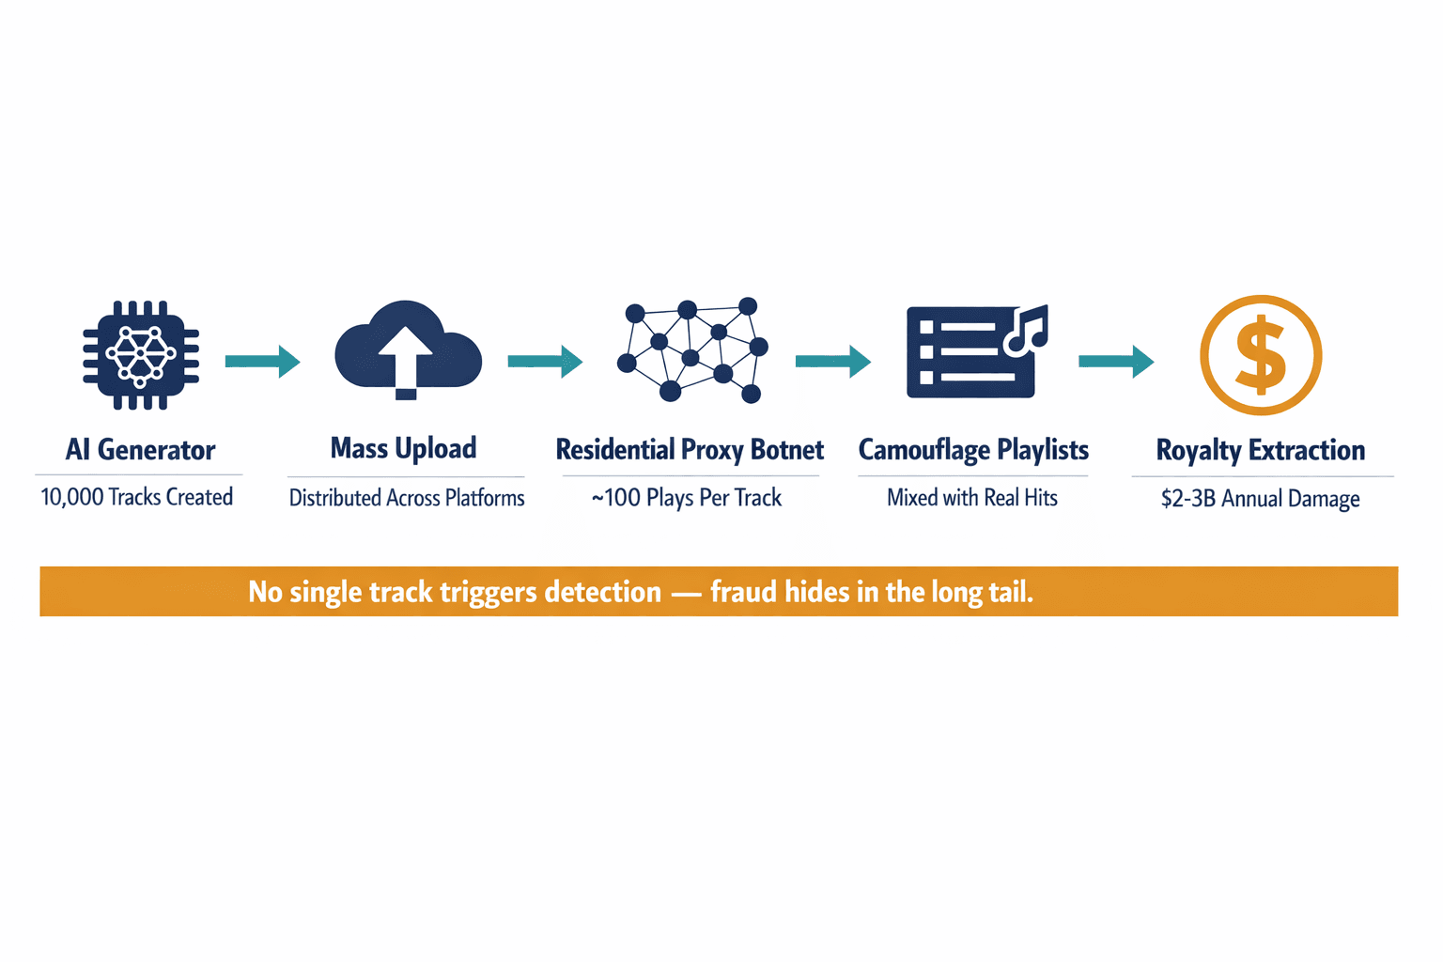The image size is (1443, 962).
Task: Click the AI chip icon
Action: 141,355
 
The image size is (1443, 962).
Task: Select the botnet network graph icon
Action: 692,350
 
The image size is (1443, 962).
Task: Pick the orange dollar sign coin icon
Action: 1261,355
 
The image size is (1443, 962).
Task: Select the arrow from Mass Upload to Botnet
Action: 545,361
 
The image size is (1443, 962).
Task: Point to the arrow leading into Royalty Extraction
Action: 1116,361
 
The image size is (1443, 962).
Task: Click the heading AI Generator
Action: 140,450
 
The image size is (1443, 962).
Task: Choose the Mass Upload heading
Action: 403,448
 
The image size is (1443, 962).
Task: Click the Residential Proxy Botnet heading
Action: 690,450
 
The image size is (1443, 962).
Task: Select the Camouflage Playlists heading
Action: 973,450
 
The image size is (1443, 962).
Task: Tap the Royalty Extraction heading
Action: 1260,450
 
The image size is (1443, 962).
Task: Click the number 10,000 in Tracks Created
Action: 72,497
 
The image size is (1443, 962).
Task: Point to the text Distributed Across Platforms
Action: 407,498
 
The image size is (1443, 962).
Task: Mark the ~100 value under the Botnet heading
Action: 615,498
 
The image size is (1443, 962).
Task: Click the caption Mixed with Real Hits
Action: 972,498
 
